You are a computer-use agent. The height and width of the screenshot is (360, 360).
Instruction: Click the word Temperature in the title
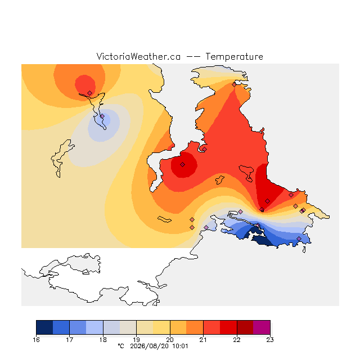click(234, 56)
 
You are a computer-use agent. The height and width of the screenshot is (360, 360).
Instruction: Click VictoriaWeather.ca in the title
click(138, 56)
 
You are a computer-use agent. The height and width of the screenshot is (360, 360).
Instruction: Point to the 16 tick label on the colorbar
click(36, 340)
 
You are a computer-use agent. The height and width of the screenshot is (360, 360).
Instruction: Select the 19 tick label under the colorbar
click(136, 340)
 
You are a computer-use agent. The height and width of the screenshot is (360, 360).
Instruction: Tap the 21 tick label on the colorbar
click(203, 340)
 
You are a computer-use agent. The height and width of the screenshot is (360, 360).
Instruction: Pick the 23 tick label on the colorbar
click(270, 340)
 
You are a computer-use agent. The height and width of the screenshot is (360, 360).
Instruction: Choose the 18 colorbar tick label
click(103, 340)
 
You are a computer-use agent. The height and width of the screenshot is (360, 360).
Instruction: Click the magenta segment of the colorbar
click(262, 327)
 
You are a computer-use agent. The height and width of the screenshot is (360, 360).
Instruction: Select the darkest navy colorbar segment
click(44, 327)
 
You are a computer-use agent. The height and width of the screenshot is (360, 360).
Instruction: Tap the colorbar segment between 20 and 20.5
click(178, 327)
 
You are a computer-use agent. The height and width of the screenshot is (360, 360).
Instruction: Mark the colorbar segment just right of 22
click(245, 327)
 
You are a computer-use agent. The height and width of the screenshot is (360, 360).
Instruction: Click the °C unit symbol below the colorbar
click(121, 346)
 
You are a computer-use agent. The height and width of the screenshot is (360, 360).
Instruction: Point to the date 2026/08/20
click(150, 346)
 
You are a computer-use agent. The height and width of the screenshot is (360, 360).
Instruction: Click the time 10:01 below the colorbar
click(180, 346)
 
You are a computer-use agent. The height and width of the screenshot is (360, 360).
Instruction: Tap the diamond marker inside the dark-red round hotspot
click(182, 164)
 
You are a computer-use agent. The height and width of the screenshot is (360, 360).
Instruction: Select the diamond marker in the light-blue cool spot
click(102, 116)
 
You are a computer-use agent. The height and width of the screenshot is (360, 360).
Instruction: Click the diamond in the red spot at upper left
click(90, 93)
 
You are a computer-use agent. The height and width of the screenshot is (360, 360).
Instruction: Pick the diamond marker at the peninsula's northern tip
click(234, 85)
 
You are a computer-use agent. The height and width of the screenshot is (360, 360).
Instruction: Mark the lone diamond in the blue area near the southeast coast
click(299, 238)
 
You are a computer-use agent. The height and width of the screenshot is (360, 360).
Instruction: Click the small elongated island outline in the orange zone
click(164, 219)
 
